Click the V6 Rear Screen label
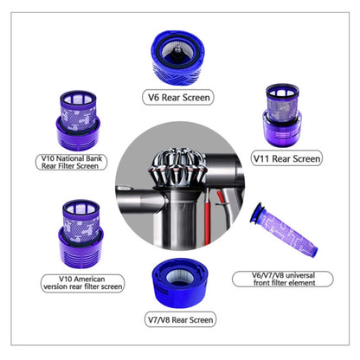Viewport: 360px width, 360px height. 180,97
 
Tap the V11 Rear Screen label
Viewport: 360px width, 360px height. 286,158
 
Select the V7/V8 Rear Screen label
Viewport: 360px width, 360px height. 179,319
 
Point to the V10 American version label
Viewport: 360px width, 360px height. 74,282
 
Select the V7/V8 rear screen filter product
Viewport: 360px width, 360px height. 179,280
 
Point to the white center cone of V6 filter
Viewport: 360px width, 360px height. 180,51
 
